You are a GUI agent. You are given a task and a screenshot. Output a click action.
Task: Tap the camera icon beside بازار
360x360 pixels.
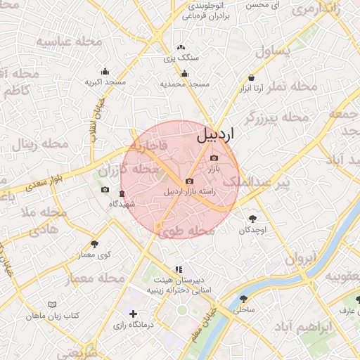[x=214, y=158]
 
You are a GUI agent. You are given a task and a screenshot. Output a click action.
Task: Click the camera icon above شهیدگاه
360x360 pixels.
[x=105, y=190]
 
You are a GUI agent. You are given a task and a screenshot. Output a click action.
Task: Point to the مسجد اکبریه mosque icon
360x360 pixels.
[x=105, y=71]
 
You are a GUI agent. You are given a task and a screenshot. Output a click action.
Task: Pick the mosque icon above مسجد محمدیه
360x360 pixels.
[x=185, y=73]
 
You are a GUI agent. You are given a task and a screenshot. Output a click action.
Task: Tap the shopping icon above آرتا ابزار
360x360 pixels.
[x=251, y=78]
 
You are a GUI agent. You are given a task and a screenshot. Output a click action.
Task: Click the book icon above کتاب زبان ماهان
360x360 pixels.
[x=51, y=304]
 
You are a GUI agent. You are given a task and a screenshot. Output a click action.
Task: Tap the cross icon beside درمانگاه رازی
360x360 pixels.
[x=133, y=313]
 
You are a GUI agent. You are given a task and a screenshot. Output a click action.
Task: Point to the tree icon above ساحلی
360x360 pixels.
[x=244, y=297]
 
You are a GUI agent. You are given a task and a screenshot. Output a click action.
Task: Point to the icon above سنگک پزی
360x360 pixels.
[x=181, y=48]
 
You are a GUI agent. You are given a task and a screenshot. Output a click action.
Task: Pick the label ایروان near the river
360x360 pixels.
[x=299, y=258]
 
